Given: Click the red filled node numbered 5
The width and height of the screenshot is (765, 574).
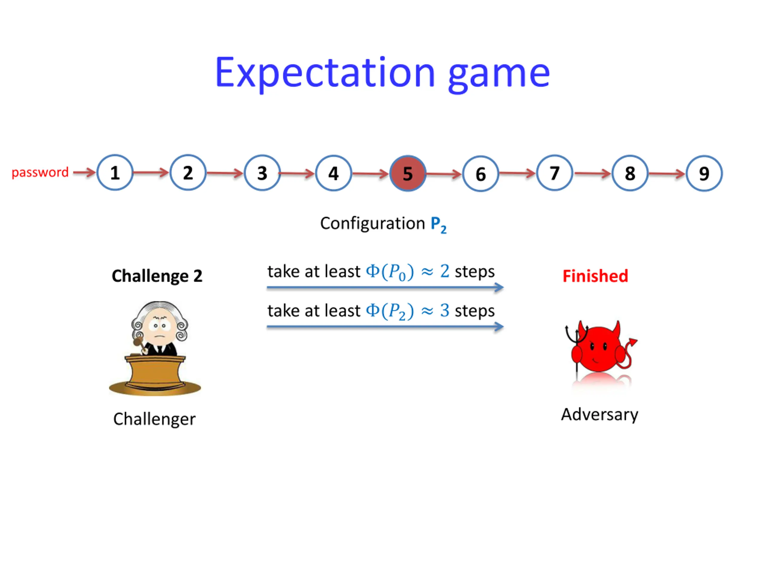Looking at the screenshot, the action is (408, 173).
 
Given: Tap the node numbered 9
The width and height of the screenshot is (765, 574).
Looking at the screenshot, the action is (704, 173).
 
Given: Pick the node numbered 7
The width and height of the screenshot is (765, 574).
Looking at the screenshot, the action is (554, 173).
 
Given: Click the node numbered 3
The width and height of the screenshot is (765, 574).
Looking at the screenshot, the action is (262, 173).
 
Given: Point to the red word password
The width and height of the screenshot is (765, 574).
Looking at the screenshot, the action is (40, 172).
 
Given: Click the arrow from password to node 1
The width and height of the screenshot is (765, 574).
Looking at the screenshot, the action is (84, 172).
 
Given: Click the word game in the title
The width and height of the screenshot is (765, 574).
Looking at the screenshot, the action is (499, 74).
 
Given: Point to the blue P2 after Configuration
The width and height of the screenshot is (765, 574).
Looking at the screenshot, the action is (438, 225).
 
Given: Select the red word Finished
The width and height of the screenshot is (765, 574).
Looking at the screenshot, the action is (595, 276).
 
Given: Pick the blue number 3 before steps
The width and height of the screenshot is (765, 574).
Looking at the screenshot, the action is (444, 310).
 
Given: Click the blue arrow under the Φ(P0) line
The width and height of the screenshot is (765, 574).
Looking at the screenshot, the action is (385, 287).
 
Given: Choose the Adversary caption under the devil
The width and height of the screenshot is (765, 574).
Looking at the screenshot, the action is (599, 414).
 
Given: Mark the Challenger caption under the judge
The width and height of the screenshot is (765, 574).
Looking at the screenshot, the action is (154, 419).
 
